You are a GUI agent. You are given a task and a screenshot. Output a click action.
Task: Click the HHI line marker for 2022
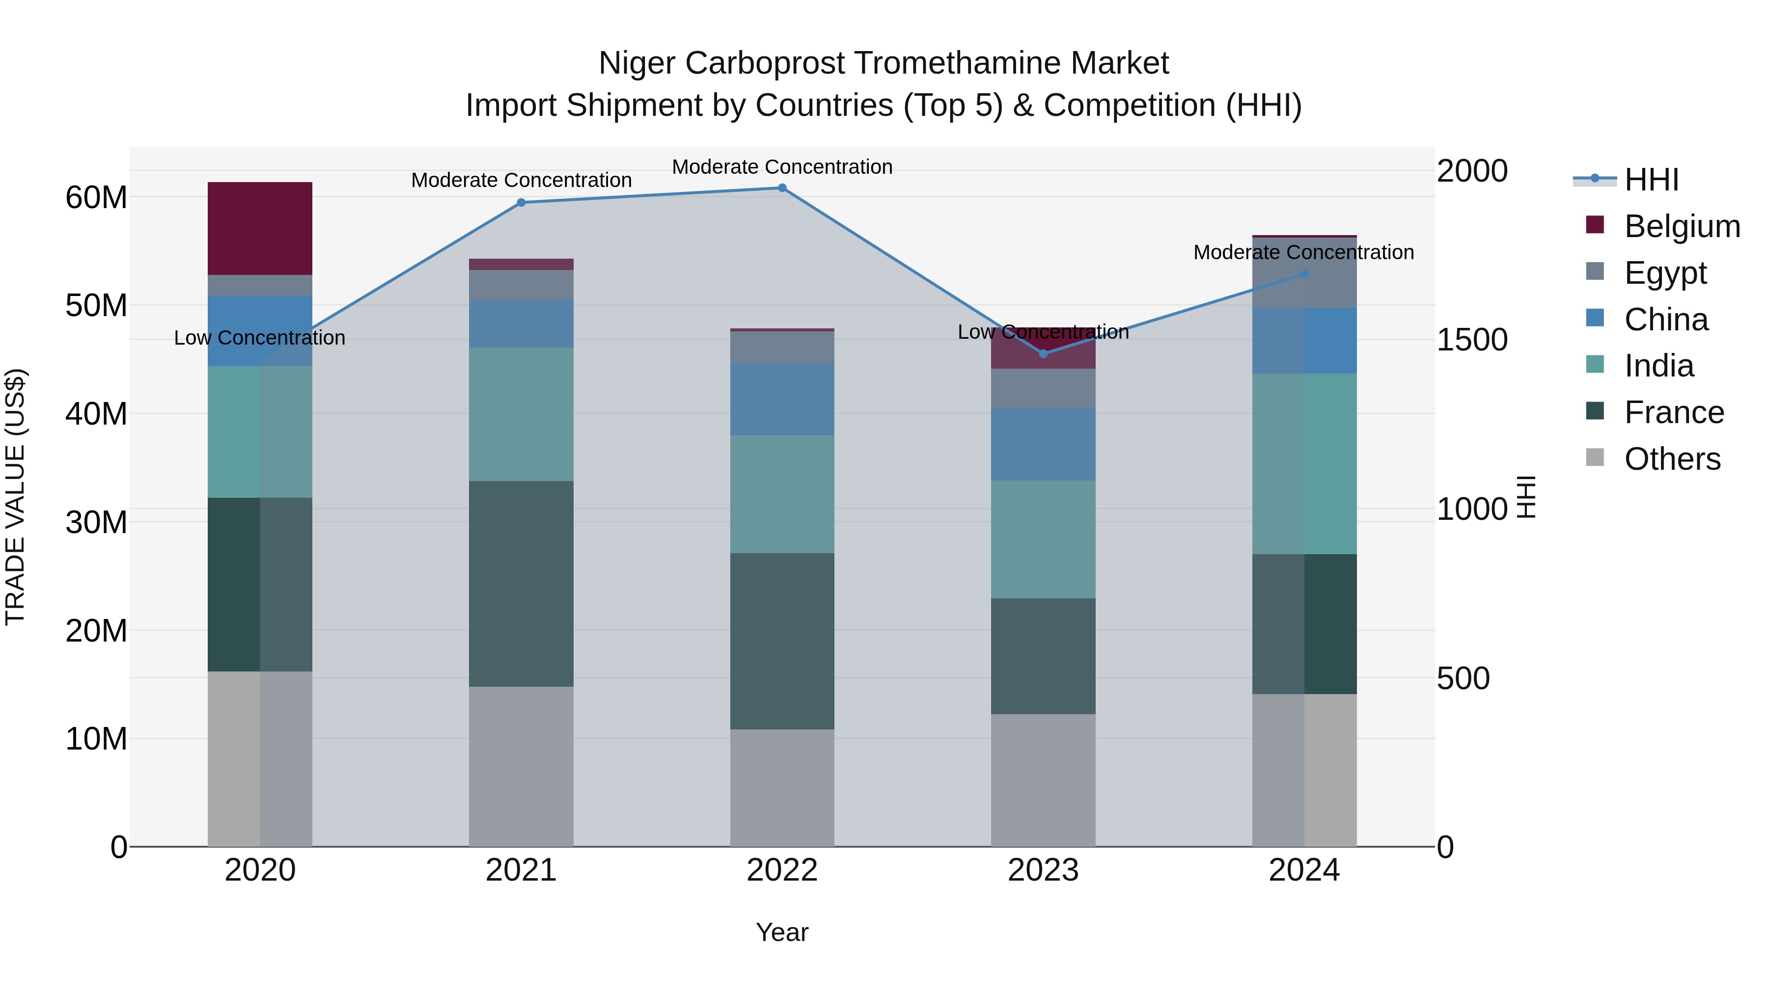[782, 188]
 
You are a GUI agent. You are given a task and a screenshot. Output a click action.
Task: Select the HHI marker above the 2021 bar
[521, 202]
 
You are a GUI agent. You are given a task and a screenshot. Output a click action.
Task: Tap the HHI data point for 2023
[1043, 354]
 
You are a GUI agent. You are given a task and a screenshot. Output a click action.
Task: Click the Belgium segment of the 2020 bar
[260, 228]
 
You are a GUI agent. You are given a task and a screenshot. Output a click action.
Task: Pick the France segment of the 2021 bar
[521, 583]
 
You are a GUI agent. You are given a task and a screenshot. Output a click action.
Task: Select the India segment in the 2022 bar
[782, 494]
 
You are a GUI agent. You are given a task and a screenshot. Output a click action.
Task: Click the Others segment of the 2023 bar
[1043, 780]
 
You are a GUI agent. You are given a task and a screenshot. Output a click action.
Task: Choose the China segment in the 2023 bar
[1043, 444]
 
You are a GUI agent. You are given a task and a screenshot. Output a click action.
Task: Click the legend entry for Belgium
[1682, 226]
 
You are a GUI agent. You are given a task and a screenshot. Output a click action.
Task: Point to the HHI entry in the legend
[1651, 180]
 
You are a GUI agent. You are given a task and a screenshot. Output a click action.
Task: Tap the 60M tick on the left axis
[96, 197]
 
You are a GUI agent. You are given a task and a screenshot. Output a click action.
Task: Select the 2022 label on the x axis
[782, 870]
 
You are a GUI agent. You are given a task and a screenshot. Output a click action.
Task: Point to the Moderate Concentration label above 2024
[1303, 252]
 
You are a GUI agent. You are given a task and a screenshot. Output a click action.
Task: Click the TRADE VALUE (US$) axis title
[15, 497]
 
